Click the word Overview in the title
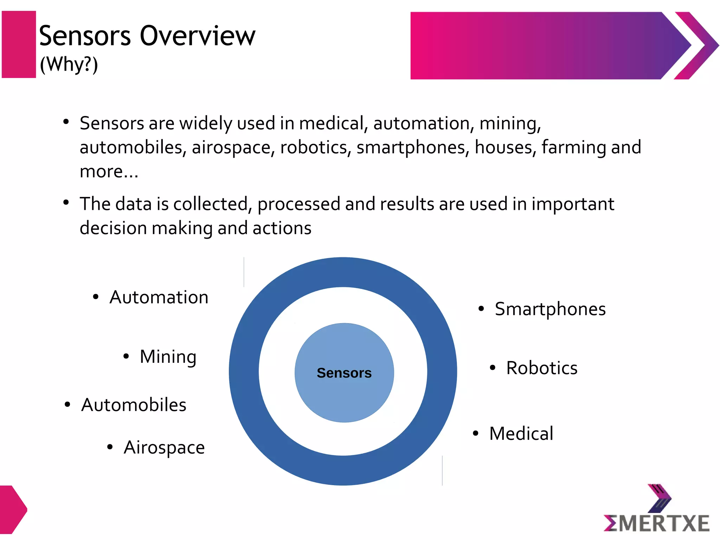198,36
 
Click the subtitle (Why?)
69,65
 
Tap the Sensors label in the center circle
344,373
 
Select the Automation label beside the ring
159,297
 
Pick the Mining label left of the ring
168,357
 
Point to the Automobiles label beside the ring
134,405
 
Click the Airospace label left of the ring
164,448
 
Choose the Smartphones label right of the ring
550,309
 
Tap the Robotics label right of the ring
542,368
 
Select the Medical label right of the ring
521,433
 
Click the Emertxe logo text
657,523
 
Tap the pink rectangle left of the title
19,44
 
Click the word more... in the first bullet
109,172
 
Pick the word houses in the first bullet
505,147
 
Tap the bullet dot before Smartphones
481,309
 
